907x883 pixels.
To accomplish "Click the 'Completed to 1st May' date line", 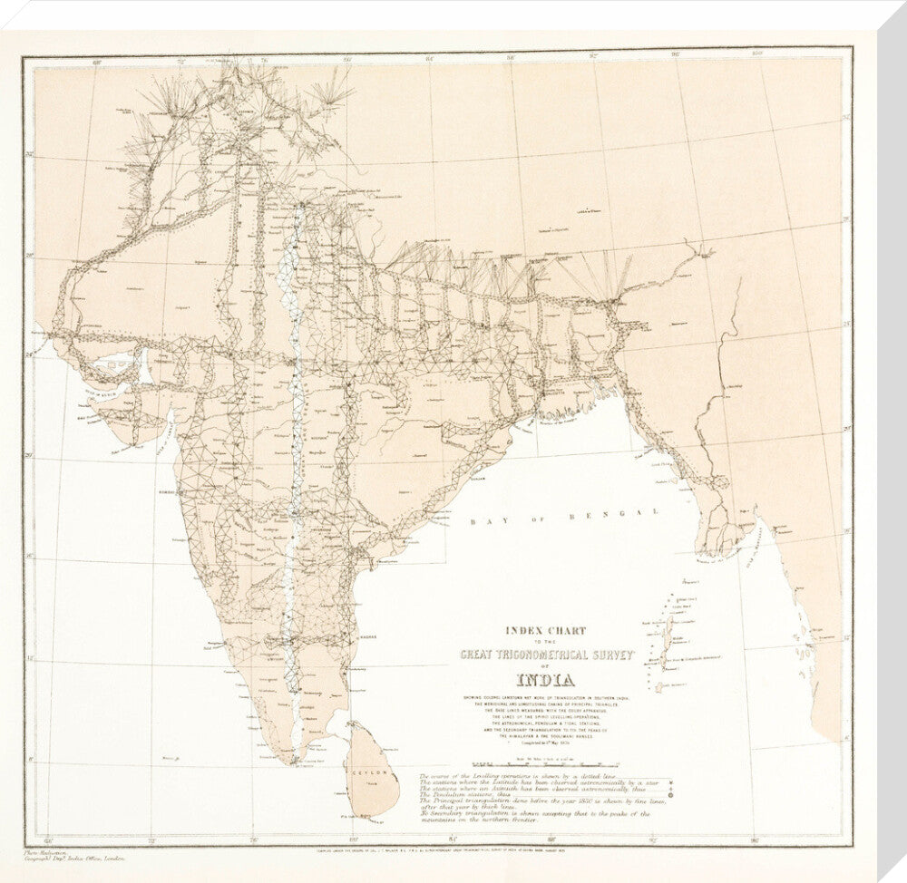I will [x=541, y=752].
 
